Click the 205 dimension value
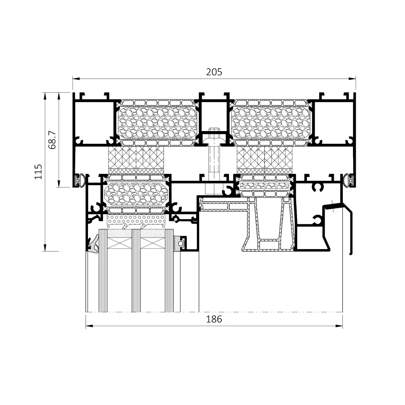(x=214, y=72)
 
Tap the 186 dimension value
(x=214, y=319)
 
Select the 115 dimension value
(x=38, y=172)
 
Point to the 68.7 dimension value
(x=52, y=140)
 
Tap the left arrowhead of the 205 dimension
(x=76, y=79)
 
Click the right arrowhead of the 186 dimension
(x=339, y=326)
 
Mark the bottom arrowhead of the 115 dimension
(x=45, y=248)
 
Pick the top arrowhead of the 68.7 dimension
(x=59, y=96)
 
